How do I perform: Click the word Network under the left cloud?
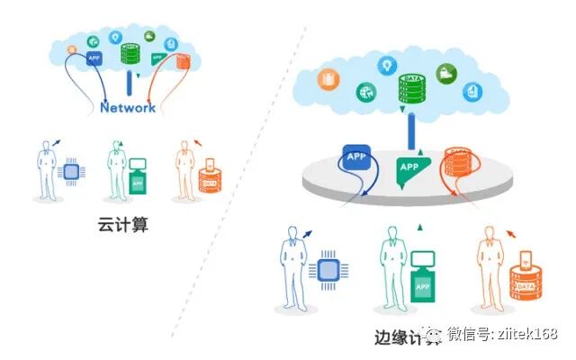tap(128, 107)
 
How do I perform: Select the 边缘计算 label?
tap(408, 337)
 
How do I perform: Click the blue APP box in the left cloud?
tap(94, 58)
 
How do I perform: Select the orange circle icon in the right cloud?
tap(327, 80)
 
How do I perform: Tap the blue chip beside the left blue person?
tap(69, 174)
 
